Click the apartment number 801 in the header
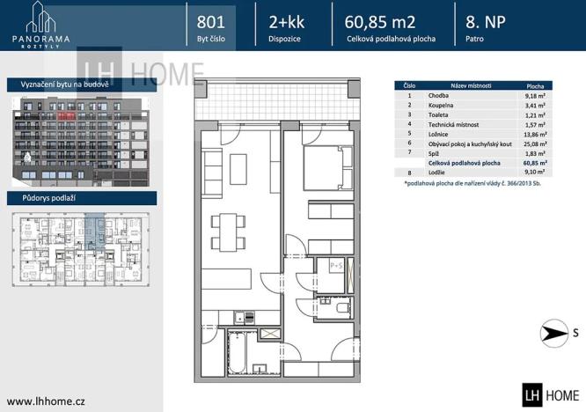pyautogui.click(x=211, y=21)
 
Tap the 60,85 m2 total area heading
pyautogui.click(x=381, y=21)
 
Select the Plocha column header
pyautogui.click(x=533, y=85)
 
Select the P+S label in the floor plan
pyautogui.click(x=335, y=264)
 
